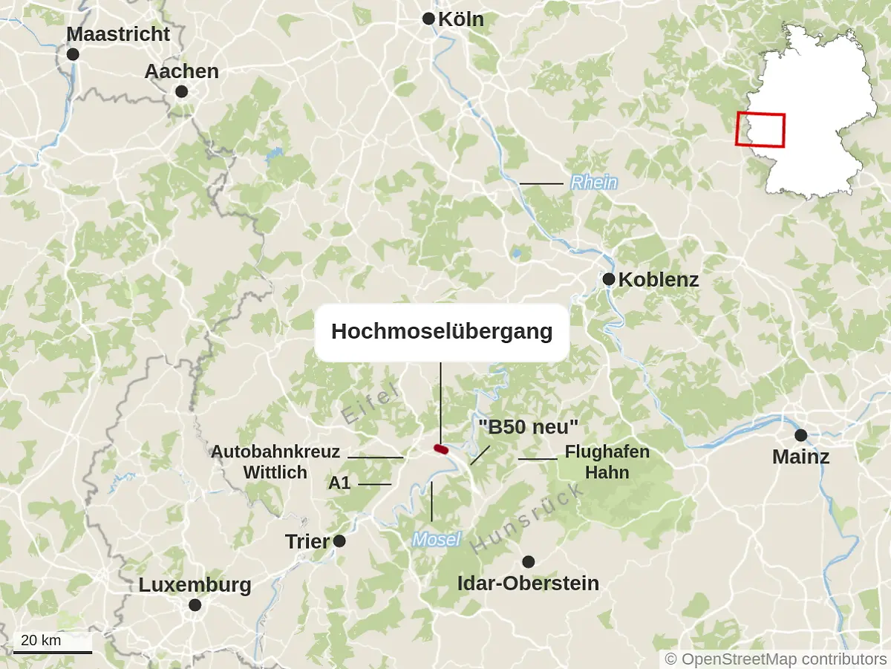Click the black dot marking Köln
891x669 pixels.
[428, 19]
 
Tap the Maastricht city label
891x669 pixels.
[118, 34]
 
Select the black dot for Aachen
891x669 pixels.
[181, 91]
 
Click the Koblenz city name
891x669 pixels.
[659, 280]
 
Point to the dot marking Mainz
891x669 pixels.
[800, 435]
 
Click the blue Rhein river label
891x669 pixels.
[593, 183]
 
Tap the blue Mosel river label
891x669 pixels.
[437, 540]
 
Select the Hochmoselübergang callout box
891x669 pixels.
[442, 332]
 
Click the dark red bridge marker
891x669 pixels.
[441, 448]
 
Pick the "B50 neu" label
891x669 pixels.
[528, 427]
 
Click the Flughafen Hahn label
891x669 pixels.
[607, 462]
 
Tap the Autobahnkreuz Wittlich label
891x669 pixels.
[275, 462]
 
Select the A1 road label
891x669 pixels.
[339, 483]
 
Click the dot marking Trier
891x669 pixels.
[339, 541]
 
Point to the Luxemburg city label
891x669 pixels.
[195, 585]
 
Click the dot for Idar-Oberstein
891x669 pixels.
[528, 561]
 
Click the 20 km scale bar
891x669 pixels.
[53, 652]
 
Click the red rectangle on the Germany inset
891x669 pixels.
[760, 129]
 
